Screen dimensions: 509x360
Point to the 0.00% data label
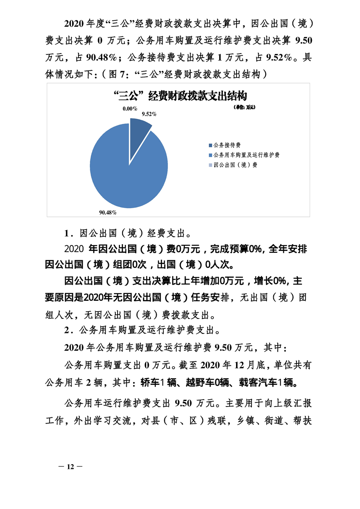(129, 108)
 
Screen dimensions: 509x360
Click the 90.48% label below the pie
(108, 212)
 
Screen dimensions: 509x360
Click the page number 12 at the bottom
(70, 467)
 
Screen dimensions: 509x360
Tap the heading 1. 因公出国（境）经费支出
(128, 235)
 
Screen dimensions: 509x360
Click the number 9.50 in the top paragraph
(303, 41)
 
